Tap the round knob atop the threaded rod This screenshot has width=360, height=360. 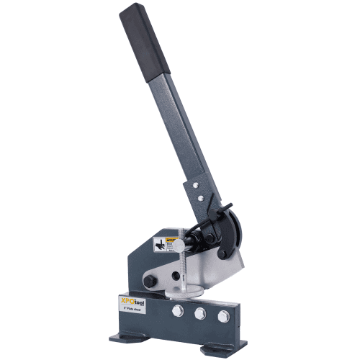click(x=178, y=245)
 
